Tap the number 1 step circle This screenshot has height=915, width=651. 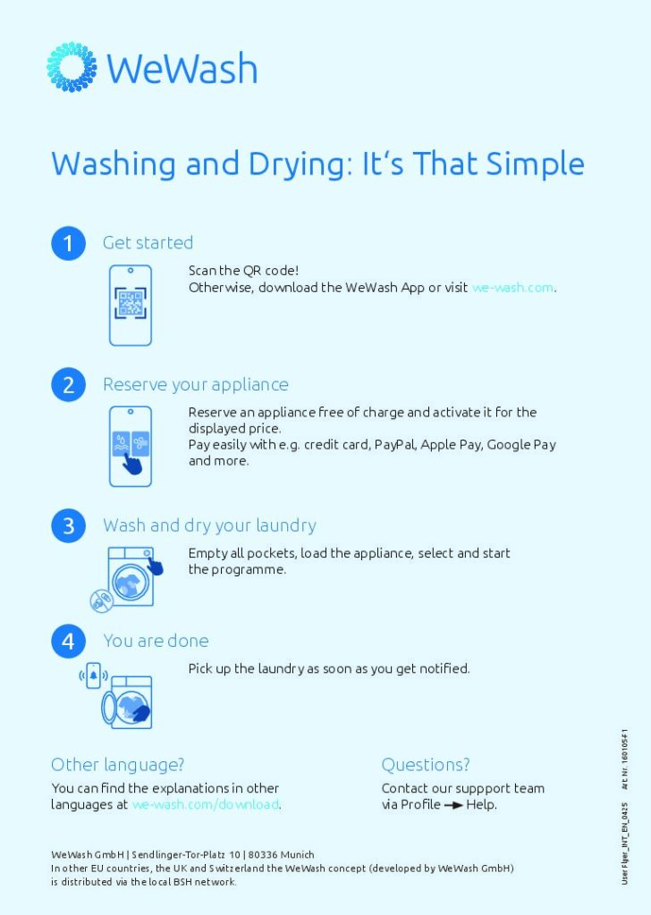tap(68, 243)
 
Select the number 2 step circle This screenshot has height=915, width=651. tap(68, 384)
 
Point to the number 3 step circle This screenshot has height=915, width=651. tap(68, 525)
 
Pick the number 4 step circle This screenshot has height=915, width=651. tap(68, 641)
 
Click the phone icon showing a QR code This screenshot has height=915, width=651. tap(130, 305)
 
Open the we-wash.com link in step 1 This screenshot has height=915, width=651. tap(512, 288)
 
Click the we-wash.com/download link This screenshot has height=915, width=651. tap(206, 804)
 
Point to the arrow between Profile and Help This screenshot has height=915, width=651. tap(453, 805)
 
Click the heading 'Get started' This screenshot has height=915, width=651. tap(148, 243)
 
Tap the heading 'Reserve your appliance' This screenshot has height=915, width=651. tap(196, 384)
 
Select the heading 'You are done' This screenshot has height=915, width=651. tap(156, 641)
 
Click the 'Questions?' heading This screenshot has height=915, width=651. tap(426, 765)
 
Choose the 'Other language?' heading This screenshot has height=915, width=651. tap(118, 765)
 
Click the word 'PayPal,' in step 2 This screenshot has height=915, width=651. tap(394, 444)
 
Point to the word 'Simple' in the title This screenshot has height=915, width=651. tap(536, 164)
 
